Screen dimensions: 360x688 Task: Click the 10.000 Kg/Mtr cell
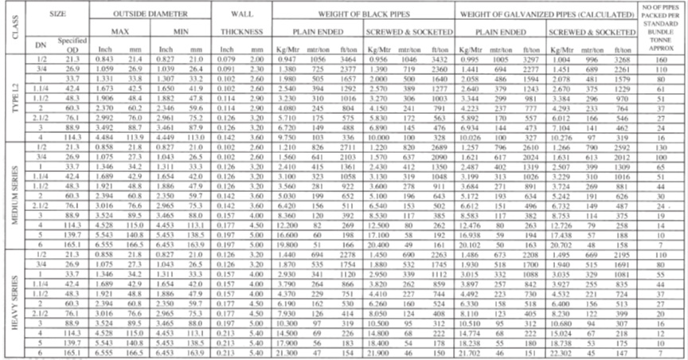[x=378, y=136]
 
